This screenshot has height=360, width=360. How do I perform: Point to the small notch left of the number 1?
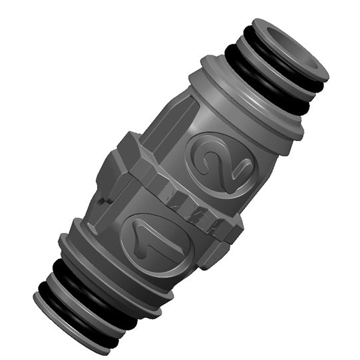[100, 200]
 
